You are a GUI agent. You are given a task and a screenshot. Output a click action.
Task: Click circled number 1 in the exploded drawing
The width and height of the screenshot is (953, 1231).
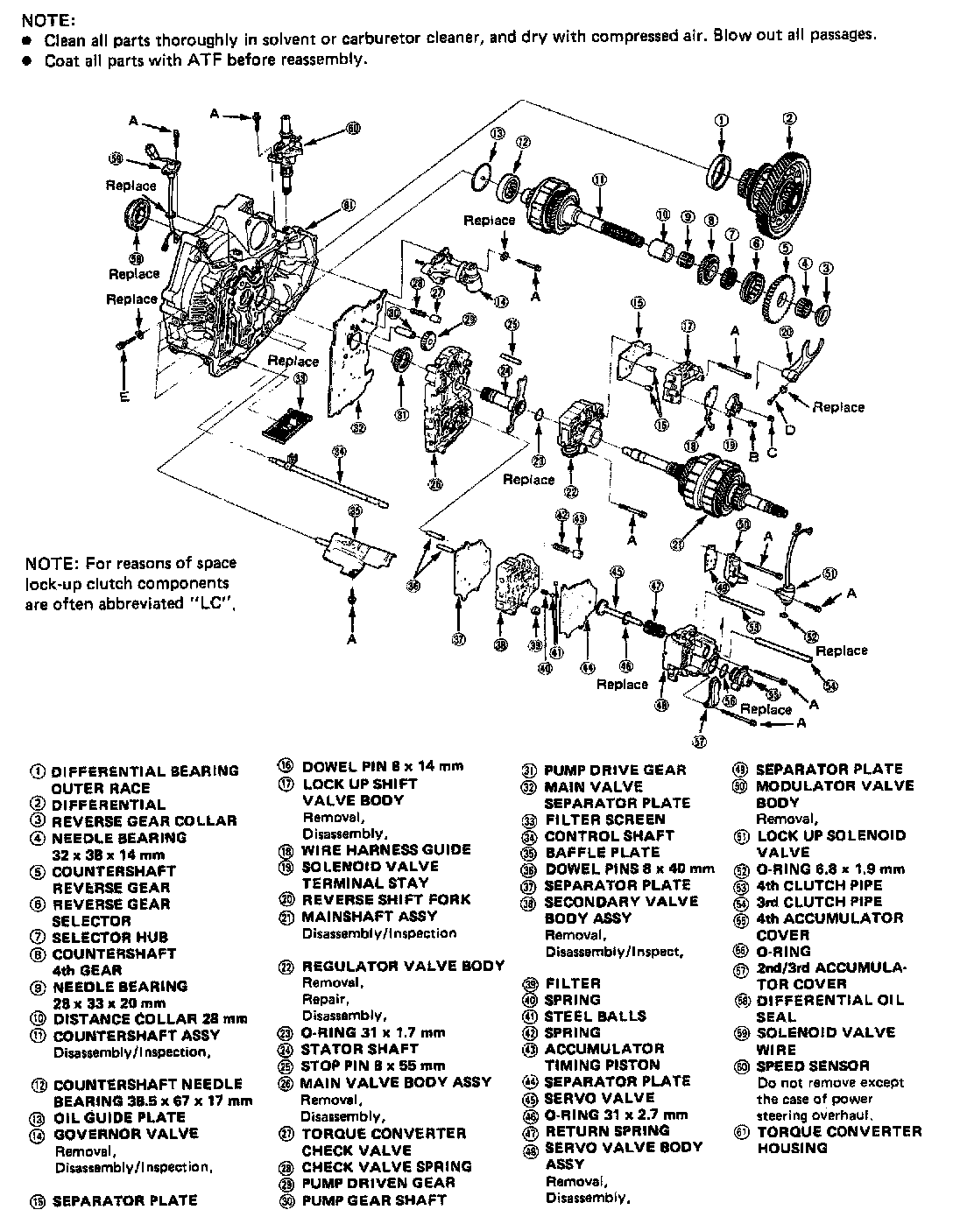pos(720,120)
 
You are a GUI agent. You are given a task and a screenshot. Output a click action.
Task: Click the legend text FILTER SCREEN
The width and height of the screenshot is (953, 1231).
pos(604,819)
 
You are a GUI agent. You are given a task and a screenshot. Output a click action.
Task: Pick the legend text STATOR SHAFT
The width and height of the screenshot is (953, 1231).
pos(359,1048)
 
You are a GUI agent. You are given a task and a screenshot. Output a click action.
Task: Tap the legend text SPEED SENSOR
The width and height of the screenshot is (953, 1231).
pos(813,1066)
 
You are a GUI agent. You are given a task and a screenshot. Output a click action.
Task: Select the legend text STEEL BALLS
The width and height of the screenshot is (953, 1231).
pos(595,1016)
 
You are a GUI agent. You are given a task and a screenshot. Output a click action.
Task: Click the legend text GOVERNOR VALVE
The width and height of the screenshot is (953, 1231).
pos(126,1133)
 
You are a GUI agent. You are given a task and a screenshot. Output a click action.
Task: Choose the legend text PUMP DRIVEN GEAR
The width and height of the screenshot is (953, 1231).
pos(378,1182)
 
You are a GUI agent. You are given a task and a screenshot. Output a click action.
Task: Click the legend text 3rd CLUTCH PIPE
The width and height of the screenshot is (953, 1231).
pos(818,902)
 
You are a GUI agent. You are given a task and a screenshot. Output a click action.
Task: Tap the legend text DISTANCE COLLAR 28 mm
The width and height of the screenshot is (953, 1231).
pos(150,1019)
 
